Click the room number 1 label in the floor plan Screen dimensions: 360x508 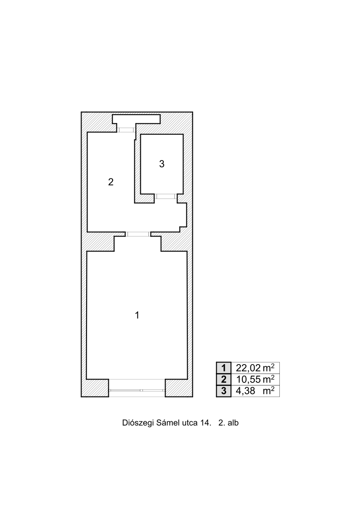[137, 315]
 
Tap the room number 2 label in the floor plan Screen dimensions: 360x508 [111, 182]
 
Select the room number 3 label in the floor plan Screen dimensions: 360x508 [162, 164]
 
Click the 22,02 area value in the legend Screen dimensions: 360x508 [248, 368]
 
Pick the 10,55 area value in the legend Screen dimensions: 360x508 [248, 380]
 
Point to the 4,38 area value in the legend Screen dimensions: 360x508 [245, 391]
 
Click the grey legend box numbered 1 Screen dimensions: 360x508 [224, 368]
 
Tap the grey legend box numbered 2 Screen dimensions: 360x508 [224, 380]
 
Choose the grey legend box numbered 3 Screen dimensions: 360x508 [224, 391]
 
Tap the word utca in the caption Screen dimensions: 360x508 [187, 423]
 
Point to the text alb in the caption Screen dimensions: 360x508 [233, 423]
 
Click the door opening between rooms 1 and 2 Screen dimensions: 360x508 [138, 234]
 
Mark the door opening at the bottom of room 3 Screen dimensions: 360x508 [165, 196]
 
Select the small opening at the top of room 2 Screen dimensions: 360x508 [126, 130]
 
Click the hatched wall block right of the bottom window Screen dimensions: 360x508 [179, 388]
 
